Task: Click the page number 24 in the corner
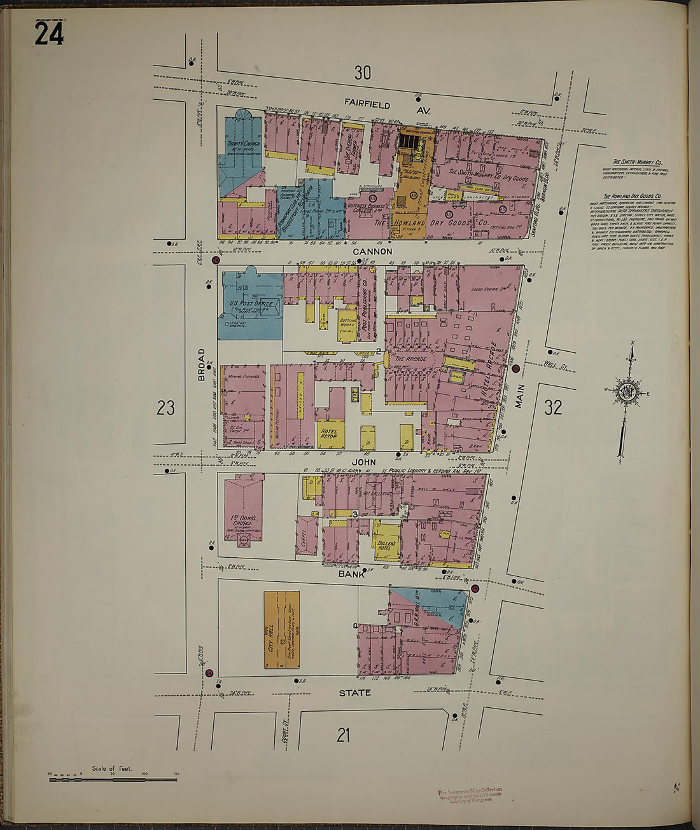point(48,33)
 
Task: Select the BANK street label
point(351,574)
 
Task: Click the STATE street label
point(354,693)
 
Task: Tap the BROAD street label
point(202,364)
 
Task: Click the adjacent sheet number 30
point(362,73)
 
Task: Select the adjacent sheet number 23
point(165,408)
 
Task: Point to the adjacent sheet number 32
point(552,408)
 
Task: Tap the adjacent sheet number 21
point(343,736)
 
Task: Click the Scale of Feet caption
point(112,768)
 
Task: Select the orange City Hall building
point(281,629)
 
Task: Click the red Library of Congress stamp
point(470,795)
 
